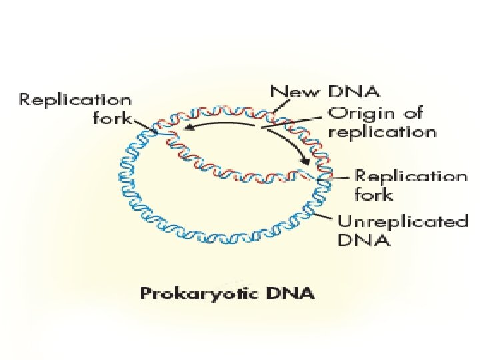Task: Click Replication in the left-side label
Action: [x=75, y=101]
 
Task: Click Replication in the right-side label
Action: [x=411, y=176]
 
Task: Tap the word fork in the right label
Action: [x=374, y=195]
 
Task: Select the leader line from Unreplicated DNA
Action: [x=324, y=213]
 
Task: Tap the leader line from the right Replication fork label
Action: [x=337, y=179]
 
